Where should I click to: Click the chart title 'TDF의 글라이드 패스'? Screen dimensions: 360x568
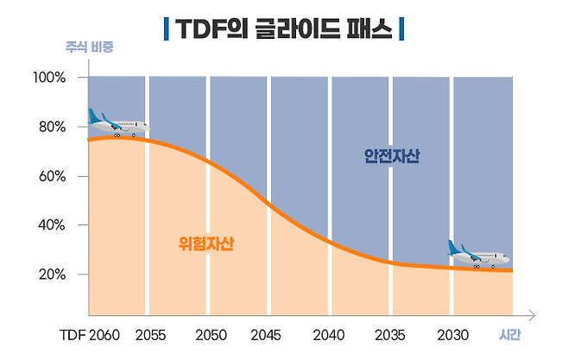point(284,28)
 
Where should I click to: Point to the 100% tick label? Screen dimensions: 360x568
point(49,78)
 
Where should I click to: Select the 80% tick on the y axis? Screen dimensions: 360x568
point(51,127)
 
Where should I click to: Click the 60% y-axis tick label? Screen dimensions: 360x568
point(51,176)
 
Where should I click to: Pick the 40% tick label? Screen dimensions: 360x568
point(51,224)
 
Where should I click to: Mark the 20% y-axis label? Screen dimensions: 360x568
point(51,275)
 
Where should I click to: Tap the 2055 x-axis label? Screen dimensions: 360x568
point(151,334)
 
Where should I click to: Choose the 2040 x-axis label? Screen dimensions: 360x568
point(329,334)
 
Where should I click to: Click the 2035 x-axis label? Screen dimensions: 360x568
point(390,334)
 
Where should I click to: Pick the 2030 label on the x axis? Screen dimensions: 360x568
point(452,334)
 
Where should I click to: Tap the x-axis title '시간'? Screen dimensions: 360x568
point(511,334)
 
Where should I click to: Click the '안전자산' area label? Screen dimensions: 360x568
point(392,156)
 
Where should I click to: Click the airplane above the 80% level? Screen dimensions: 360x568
point(117,123)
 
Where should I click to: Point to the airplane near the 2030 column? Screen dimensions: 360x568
point(477,254)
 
